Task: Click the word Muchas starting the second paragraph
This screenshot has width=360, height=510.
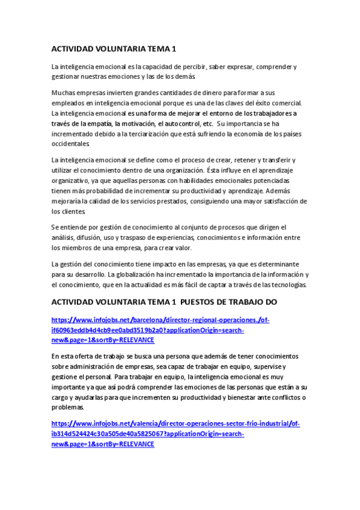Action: pos(64,93)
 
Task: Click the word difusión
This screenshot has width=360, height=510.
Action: pos(90,237)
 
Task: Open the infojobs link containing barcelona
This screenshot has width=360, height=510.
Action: pos(160,321)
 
